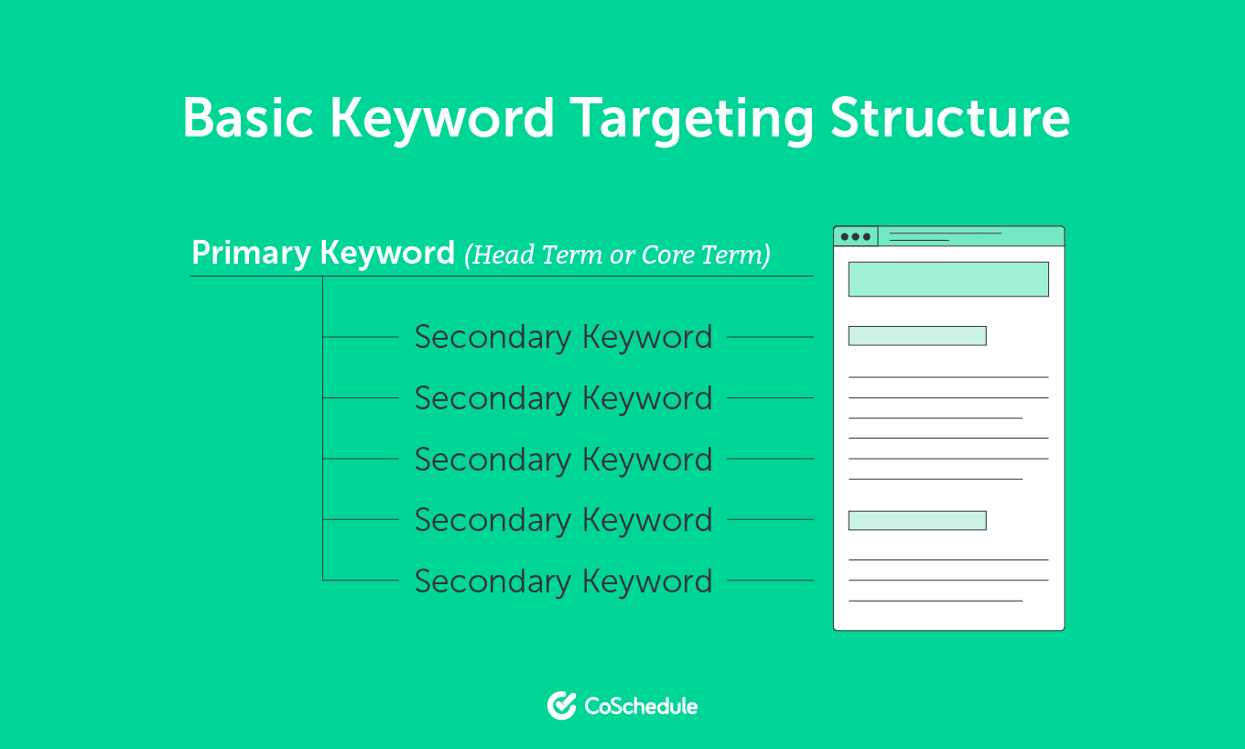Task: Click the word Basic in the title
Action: [x=248, y=118]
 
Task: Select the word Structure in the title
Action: [x=950, y=117]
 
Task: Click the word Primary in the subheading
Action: [x=251, y=255]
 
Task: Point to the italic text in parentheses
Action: [x=618, y=255]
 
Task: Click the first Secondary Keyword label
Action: [x=564, y=337]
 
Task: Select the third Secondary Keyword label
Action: [x=564, y=460]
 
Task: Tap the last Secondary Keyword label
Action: [x=564, y=581]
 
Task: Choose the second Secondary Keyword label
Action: [x=564, y=398]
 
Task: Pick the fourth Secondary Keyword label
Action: [x=564, y=520]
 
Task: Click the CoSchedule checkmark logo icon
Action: [x=561, y=706]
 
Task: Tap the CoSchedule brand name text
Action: [x=641, y=706]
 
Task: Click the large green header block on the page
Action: [x=948, y=279]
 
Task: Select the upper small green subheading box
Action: [x=917, y=336]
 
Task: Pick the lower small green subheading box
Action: [x=917, y=520]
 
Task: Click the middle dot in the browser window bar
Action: [x=855, y=237]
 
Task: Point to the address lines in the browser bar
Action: [x=946, y=237]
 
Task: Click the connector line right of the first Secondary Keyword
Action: [x=771, y=337]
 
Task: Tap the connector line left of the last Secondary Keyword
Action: [x=361, y=580]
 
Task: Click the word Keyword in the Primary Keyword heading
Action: [x=387, y=255]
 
